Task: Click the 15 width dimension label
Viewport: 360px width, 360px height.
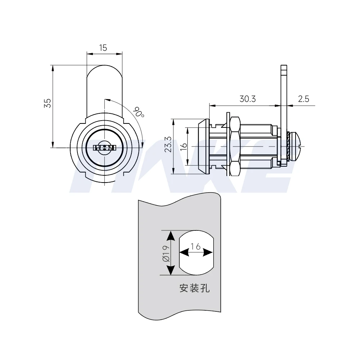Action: click(103, 48)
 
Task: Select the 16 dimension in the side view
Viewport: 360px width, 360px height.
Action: click(183, 146)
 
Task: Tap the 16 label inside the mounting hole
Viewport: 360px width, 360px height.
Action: click(196, 247)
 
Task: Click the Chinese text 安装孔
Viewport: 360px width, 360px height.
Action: click(194, 288)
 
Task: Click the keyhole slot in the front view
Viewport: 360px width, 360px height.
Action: click(104, 148)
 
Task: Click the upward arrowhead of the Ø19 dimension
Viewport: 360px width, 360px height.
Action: click(171, 236)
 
